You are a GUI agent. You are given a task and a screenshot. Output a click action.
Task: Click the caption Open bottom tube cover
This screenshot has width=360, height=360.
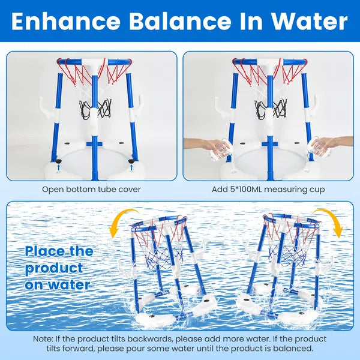pos(91,190)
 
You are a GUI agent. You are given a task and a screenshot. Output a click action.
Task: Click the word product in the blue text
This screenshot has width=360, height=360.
pos(53,268)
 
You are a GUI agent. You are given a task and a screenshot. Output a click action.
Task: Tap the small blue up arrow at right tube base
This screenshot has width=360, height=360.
pos(131,170)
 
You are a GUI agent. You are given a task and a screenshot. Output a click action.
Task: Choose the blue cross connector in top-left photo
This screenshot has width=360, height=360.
pos(92,144)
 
